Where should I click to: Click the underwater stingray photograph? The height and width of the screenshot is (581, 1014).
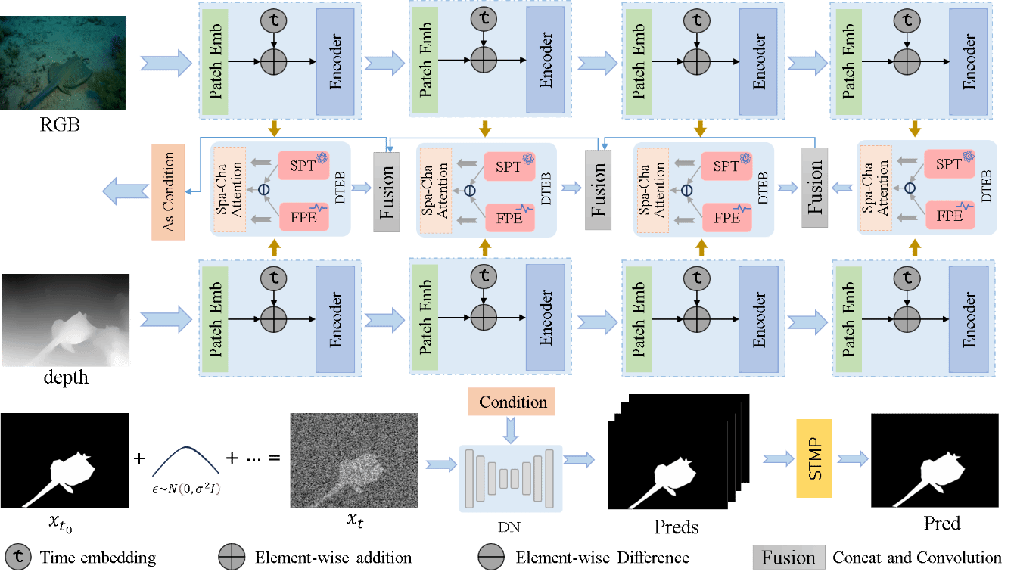[x=63, y=63]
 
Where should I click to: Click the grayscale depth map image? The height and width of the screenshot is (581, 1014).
[x=65, y=320]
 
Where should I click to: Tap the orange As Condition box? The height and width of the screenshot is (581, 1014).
[x=168, y=191]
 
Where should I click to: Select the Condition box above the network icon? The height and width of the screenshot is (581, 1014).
[x=512, y=402]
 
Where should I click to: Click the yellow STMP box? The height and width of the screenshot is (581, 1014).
[x=813, y=458]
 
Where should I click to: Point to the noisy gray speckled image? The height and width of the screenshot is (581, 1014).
[x=353, y=460]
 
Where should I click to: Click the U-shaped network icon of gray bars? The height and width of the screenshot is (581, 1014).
[x=511, y=477]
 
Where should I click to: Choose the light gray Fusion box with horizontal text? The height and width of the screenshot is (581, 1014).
[x=788, y=558]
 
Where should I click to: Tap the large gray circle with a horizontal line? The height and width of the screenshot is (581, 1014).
[x=490, y=558]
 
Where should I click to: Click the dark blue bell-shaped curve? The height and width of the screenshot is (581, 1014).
[x=185, y=461]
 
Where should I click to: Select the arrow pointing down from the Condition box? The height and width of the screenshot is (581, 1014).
[x=512, y=430]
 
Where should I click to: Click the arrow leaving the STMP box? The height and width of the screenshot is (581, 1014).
[x=851, y=458]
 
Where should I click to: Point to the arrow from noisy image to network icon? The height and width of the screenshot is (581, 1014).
[x=440, y=463]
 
